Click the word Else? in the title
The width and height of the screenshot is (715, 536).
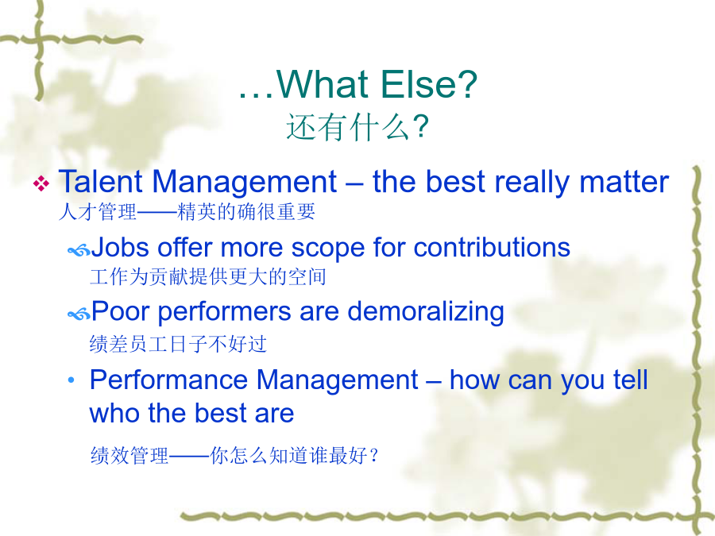429,84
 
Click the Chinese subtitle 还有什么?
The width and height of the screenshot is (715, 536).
357,127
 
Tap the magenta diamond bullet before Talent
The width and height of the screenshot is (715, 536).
41,183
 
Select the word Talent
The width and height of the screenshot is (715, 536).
101,181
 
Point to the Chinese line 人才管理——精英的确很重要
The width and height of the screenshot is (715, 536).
187,212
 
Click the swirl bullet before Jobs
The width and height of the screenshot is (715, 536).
79,250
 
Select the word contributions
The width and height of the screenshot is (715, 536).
492,248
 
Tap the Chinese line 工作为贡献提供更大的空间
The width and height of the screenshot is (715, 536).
208,276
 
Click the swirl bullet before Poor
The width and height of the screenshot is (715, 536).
79,314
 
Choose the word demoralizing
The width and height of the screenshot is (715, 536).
426,312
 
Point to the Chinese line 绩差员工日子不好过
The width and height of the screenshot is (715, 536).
178,344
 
